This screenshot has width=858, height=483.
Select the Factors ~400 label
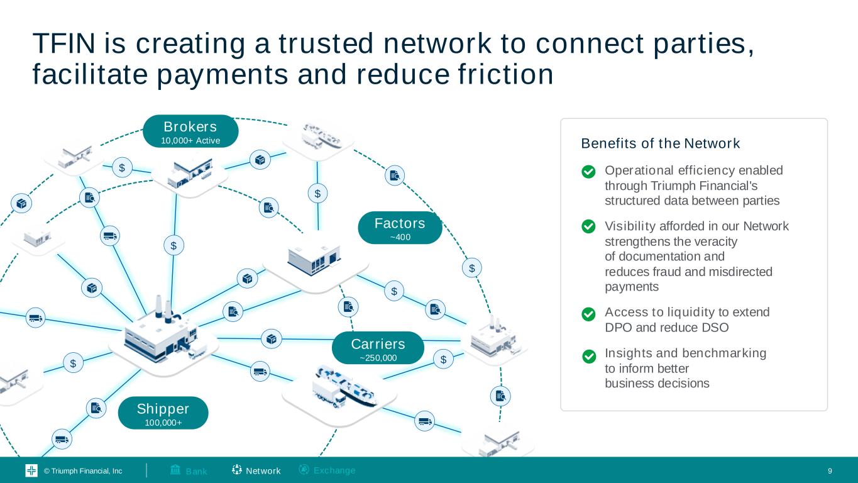pyautogui.click(x=400, y=228)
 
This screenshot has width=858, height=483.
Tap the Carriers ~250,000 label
pyautogui.click(x=378, y=348)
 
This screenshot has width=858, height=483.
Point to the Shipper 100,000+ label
pyautogui.click(x=163, y=413)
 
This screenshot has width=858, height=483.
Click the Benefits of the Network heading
pyautogui.click(x=661, y=143)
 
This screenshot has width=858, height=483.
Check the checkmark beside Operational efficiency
pyautogui.click(x=589, y=172)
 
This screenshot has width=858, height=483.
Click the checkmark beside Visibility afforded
pyautogui.click(x=589, y=226)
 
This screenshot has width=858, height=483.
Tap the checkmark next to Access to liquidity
pyautogui.click(x=589, y=314)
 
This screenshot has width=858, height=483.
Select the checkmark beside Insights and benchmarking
pyautogui.click(x=589, y=357)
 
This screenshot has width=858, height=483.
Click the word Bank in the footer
pyautogui.click(x=196, y=471)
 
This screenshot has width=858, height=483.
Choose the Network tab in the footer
pyautogui.click(x=263, y=471)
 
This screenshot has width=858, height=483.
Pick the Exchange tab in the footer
pyautogui.click(x=334, y=470)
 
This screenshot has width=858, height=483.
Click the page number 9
pyautogui.click(x=830, y=471)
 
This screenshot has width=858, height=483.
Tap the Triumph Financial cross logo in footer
pyautogui.click(x=31, y=471)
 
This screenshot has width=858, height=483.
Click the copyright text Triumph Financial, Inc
pyautogui.click(x=83, y=471)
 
